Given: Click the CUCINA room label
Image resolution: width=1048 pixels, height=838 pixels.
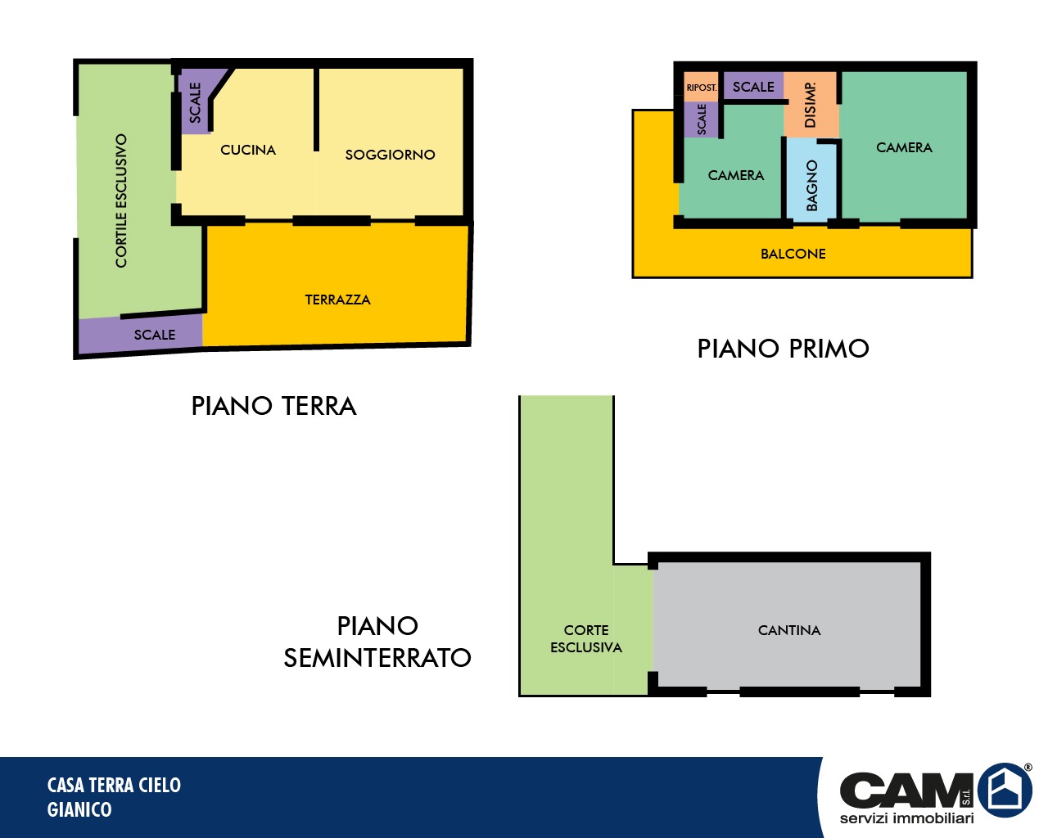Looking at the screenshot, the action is point(248,150).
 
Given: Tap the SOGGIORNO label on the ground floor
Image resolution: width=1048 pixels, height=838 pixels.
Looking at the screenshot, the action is point(390,155).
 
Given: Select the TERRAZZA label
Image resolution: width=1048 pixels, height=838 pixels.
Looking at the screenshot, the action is point(338,300).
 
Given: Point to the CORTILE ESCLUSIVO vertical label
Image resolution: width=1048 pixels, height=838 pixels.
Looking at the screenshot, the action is point(121,200).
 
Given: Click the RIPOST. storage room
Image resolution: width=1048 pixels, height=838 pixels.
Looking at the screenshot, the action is point(702,88).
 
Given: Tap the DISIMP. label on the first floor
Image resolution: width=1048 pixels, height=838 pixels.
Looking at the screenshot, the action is point(811,105).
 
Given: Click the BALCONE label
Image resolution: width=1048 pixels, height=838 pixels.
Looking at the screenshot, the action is point(793,254).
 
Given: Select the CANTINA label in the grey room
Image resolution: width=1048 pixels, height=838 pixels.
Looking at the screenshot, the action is point(789,630).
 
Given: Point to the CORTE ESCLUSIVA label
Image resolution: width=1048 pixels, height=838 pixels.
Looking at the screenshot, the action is point(586,638).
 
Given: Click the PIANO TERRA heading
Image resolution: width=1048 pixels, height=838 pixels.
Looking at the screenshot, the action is point(273,406).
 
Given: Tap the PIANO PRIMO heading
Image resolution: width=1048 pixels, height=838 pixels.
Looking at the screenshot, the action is point(783,349).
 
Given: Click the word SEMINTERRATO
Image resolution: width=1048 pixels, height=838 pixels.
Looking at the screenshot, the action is point(377,658).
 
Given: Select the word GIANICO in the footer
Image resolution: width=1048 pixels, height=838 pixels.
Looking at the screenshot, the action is point(79,809).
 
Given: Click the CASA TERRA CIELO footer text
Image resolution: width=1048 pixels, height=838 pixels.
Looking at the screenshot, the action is point(114,785).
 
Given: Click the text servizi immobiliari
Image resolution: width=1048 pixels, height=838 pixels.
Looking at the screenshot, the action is point(907,818).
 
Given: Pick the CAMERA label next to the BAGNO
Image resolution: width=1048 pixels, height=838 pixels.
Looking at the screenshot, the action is point(736,175).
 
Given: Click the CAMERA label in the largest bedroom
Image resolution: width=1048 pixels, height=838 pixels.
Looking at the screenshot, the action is point(905,147).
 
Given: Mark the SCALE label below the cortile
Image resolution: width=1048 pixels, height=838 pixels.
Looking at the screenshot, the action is point(155,335).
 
